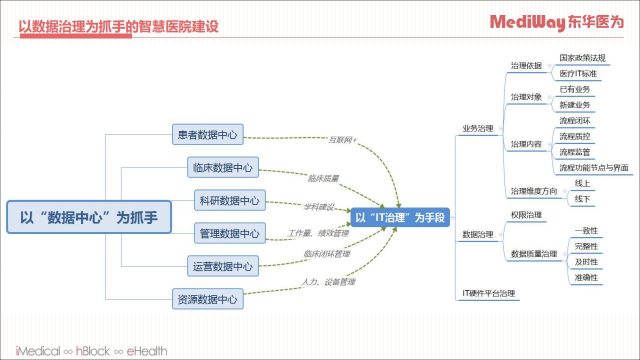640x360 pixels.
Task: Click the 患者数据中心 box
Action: [207, 134]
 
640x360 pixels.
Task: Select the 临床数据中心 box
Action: [223, 167]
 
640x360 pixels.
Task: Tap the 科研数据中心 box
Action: [229, 200]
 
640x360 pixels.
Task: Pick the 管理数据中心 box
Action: [229, 233]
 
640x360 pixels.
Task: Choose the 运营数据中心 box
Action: [223, 266]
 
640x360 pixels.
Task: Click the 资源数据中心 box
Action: [207, 299]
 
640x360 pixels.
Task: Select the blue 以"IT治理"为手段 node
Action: [400, 217]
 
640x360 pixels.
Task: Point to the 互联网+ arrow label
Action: [342, 139]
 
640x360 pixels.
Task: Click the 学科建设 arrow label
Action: [318, 206]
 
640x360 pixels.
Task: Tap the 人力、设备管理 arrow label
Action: [328, 282]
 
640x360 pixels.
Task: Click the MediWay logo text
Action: [527, 22]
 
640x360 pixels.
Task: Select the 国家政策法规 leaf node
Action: [582, 58]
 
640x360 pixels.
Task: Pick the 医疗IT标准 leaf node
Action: [578, 73]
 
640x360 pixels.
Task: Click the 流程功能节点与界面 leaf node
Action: [593, 167]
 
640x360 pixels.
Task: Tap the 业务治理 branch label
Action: [477, 128]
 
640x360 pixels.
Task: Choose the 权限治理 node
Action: [526, 215]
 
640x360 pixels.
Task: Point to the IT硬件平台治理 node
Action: [488, 293]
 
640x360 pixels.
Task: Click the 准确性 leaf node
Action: [586, 277]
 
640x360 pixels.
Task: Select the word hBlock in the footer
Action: [93, 351]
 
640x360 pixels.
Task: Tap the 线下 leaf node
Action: [582, 199]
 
